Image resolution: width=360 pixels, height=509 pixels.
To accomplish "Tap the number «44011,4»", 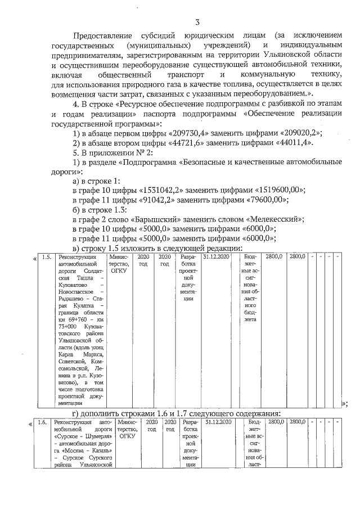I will [281, 143].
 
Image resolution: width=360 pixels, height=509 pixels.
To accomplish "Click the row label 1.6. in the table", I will [42, 422].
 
